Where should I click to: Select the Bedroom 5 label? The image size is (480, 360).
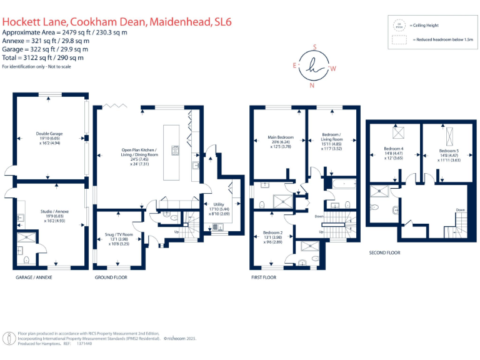[x=448, y=151]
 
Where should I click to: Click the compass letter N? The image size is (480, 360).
[x=312, y=86]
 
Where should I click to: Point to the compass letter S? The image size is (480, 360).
[x=314, y=47]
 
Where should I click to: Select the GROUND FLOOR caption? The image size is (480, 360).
[x=111, y=277]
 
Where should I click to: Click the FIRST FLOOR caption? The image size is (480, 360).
[x=263, y=277]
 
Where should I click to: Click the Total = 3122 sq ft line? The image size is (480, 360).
[x=43, y=57]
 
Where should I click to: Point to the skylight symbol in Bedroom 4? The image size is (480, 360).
[x=395, y=132]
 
